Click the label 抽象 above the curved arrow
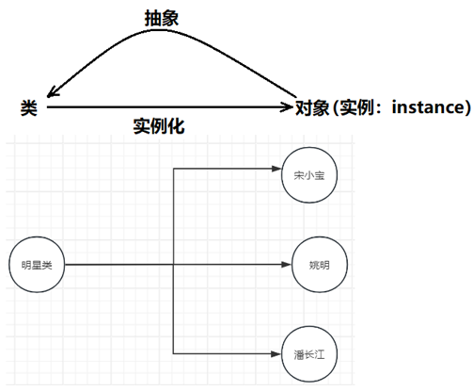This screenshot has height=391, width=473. click(162, 18)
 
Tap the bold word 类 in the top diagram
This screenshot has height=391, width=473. click(29, 107)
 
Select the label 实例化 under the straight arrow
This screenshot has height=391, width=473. click(159, 126)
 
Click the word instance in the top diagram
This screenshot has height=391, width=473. click(429, 106)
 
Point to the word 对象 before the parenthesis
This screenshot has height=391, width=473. click(312, 107)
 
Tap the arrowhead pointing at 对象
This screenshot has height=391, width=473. click(287, 107)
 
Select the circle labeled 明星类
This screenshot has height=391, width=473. click(37, 265)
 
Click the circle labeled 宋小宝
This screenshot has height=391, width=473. click(309, 175)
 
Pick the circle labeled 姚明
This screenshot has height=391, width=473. click(320, 265)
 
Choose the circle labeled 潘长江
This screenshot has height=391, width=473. click(309, 354)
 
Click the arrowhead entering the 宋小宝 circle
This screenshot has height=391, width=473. click(276, 169)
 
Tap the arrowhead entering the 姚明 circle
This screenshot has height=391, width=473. click(287, 265)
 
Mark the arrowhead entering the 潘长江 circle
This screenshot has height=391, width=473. click(276, 354)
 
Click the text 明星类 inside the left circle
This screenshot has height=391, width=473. click(37, 266)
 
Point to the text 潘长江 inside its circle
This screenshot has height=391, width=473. click(309, 355)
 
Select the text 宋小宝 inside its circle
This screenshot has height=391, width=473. click(309, 175)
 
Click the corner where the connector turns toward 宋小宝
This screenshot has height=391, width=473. click(173, 169)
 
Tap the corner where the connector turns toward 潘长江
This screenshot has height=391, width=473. click(173, 354)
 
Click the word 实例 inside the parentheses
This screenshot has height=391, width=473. click(357, 107)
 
